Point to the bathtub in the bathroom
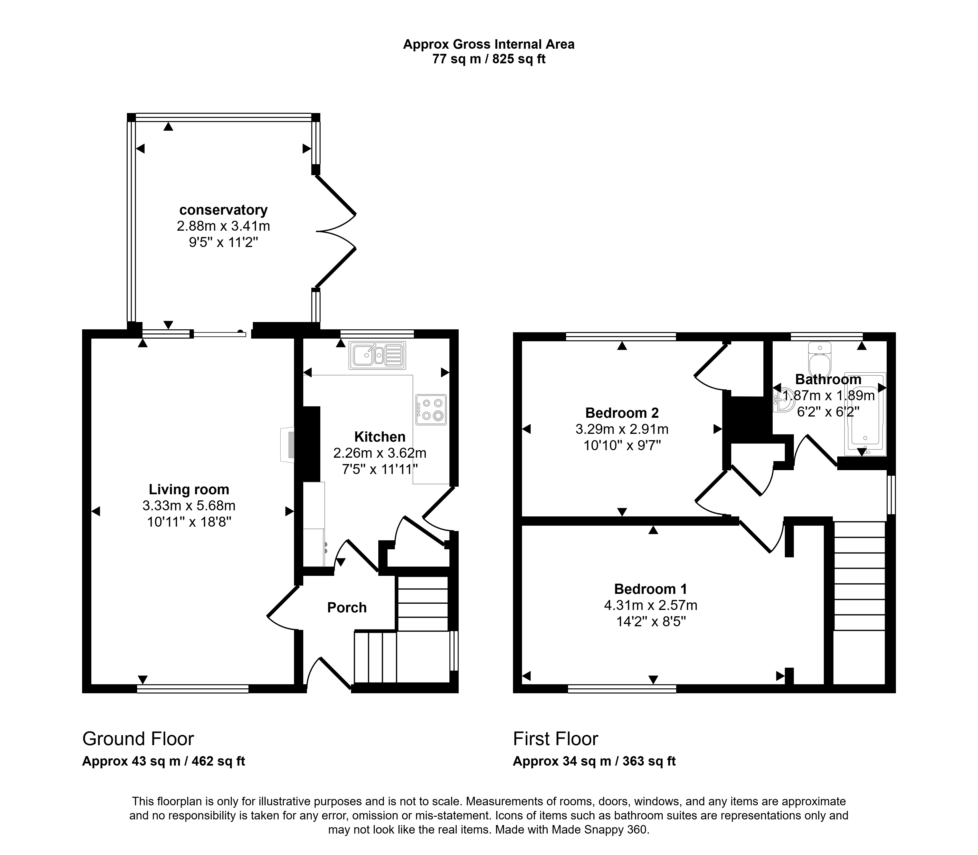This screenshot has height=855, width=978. pos(865,413)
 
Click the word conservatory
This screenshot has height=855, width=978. pos(223,210)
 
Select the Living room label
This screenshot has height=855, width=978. pos(189,490)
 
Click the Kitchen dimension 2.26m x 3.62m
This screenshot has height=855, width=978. pos(380,453)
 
